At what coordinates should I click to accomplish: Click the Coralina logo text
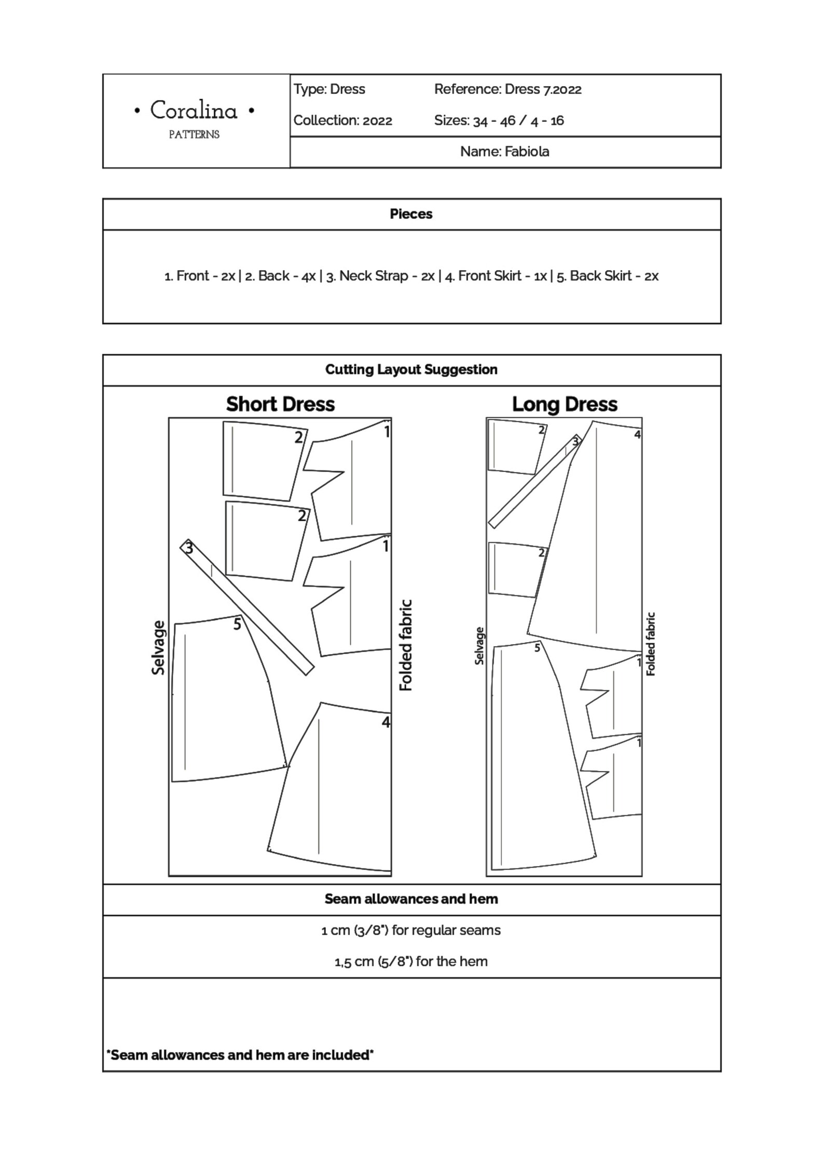point(194,111)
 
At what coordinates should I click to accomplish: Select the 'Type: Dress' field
point(329,89)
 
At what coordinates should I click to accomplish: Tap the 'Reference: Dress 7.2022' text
point(507,89)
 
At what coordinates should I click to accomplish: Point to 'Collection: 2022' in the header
point(342,120)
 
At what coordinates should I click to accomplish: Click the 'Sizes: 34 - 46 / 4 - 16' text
point(499,120)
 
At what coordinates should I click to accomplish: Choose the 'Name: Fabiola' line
point(504,151)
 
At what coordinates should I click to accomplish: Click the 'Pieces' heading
point(411,214)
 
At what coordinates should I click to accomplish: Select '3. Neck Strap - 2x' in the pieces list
point(380,276)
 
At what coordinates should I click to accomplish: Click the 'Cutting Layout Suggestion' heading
point(411,369)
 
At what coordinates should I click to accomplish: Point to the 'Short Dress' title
point(280,404)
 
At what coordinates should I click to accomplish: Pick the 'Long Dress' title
point(565,404)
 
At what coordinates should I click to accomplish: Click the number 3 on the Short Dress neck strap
point(189,548)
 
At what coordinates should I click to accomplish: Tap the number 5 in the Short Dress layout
point(237,624)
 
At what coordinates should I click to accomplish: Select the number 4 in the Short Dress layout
point(386,721)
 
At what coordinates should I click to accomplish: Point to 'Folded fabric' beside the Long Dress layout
point(651,644)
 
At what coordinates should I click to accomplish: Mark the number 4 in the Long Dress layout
point(637,435)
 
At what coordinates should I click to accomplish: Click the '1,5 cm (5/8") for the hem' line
point(411,961)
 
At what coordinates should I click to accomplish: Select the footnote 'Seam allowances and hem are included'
point(240,1054)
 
